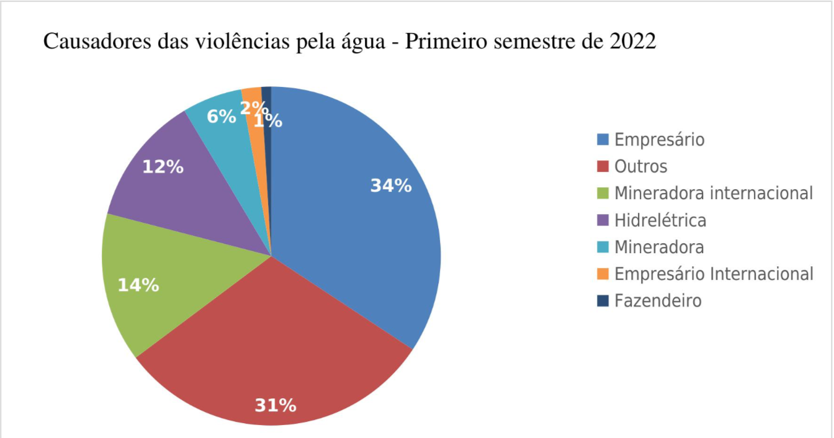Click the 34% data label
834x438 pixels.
click(391, 185)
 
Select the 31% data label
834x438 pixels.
click(276, 406)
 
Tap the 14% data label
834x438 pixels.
click(138, 285)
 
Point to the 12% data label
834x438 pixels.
click(163, 167)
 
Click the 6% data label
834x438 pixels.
click(221, 116)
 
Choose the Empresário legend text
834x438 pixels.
click(660, 140)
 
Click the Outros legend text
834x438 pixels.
click(641, 166)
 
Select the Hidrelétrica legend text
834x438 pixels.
click(660, 220)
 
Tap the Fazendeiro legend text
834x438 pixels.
click(658, 301)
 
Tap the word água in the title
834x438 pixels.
click(365, 43)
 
